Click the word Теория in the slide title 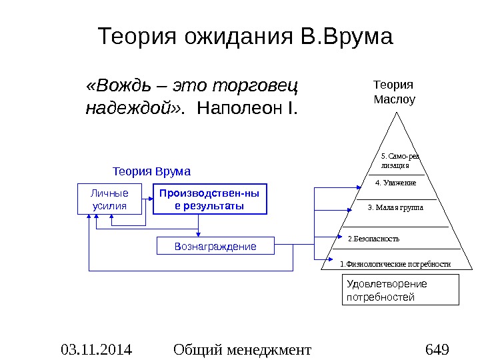point(133,37)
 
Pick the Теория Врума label point(151,171)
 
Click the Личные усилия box point(110,199)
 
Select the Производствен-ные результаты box point(209,199)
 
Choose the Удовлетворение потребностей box point(401,291)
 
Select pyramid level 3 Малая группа point(395,207)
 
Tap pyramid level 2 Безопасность point(374,238)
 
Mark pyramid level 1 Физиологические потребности point(395,264)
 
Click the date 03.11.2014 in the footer point(96,349)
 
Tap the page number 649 point(437,349)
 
